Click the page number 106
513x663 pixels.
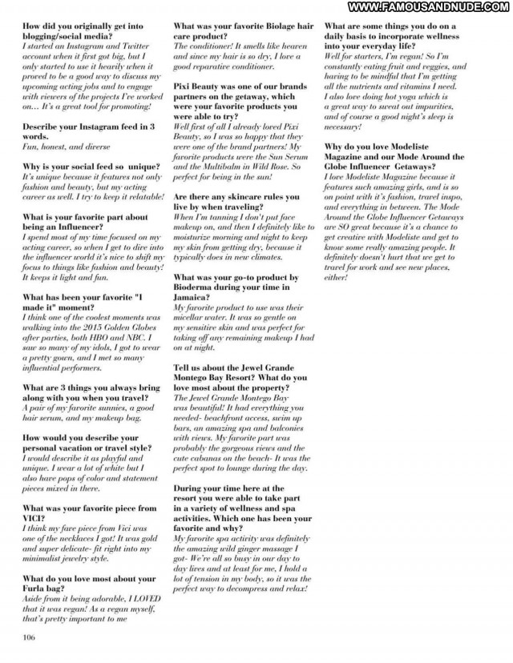pos(30,638)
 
